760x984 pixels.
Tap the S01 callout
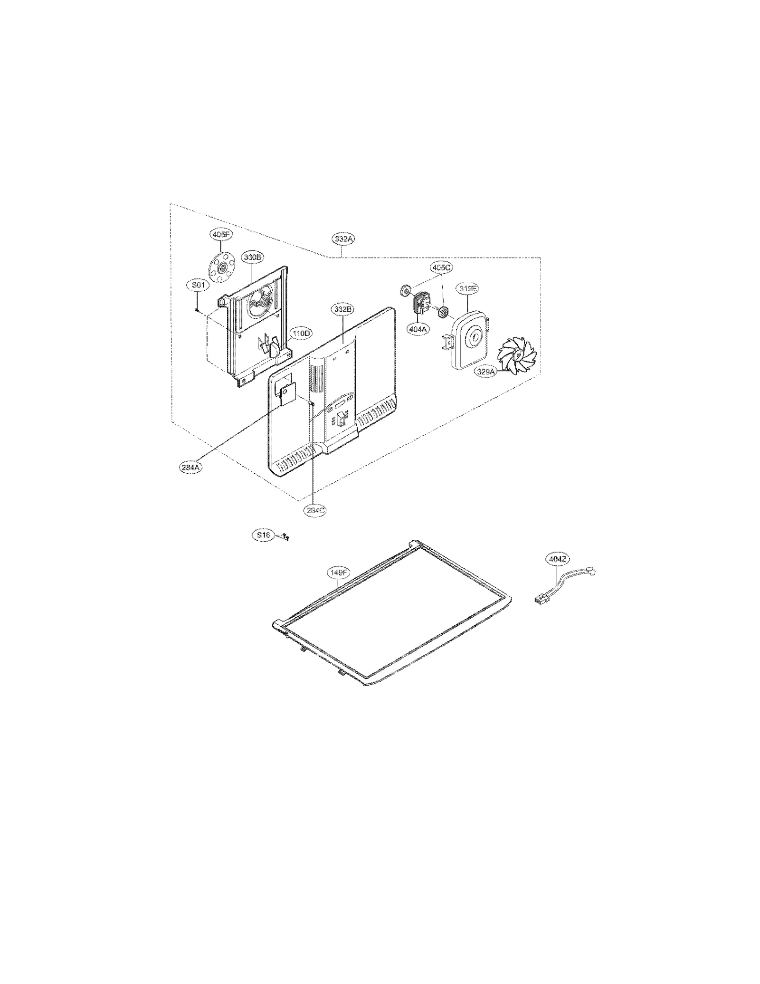click(x=198, y=285)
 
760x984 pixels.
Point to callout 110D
click(x=300, y=334)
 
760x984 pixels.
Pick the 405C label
click(x=440, y=267)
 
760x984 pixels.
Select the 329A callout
click(x=485, y=372)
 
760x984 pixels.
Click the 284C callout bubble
click(x=315, y=510)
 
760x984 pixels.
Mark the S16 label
click(x=263, y=535)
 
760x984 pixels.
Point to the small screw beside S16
click(x=285, y=537)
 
